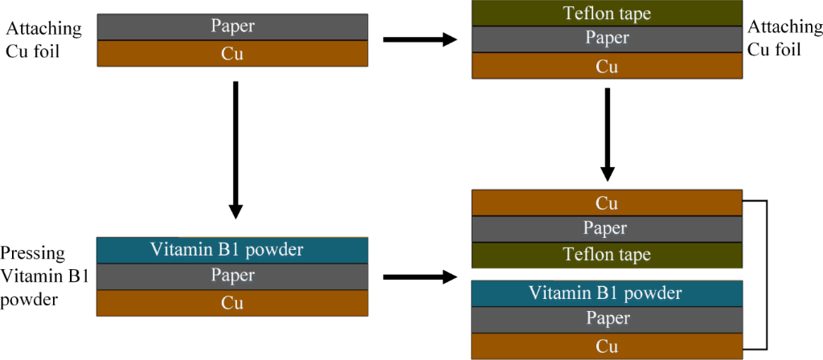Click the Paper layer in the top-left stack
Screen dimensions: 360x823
pyautogui.click(x=232, y=27)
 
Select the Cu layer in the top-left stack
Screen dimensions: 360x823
pyautogui.click(x=232, y=54)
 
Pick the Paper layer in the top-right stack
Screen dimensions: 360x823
pyautogui.click(x=607, y=39)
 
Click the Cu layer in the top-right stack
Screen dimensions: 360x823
pyautogui.click(x=607, y=66)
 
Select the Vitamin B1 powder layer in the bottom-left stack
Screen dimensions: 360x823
pyautogui.click(x=232, y=249)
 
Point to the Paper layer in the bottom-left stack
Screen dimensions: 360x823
pyautogui.click(x=232, y=276)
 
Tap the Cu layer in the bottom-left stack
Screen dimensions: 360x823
pyautogui.click(x=232, y=303)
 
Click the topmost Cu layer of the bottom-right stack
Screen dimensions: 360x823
pyautogui.click(x=607, y=202)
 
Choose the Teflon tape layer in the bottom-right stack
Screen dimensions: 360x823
pyautogui.click(x=607, y=255)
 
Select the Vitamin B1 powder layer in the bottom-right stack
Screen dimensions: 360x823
pyautogui.click(x=607, y=293)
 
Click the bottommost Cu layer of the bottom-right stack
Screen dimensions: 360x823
pyautogui.click(x=607, y=346)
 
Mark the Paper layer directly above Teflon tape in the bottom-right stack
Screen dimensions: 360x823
pyautogui.click(x=607, y=229)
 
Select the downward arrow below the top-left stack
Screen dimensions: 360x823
pyautogui.click(x=235, y=149)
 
